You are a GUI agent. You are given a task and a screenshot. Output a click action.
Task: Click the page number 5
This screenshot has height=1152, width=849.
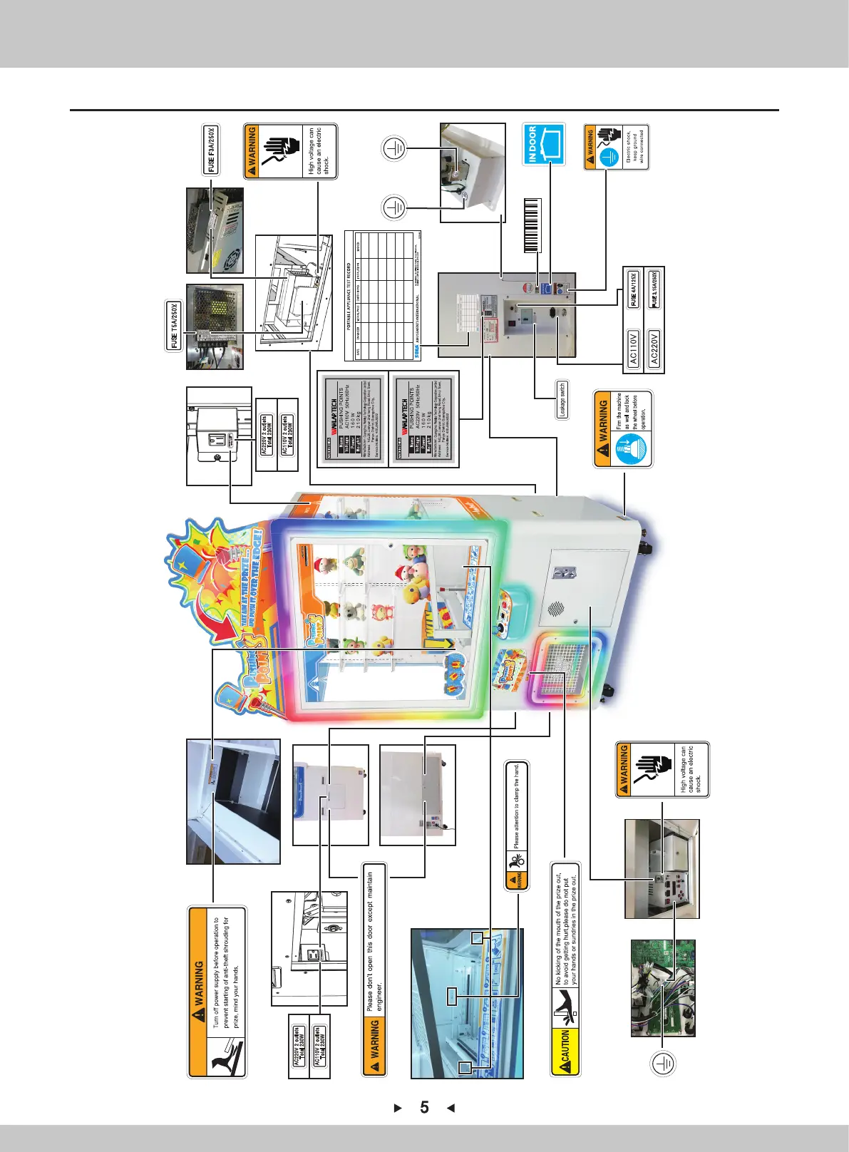pyautogui.click(x=424, y=1107)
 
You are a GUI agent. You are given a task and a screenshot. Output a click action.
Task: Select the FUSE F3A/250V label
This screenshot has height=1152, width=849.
pyautogui.click(x=211, y=150)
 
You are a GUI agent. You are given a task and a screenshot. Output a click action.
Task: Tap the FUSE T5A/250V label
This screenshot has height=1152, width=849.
pyautogui.click(x=175, y=326)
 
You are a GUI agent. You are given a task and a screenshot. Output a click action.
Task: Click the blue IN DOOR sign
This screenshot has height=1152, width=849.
pyautogui.click(x=543, y=144)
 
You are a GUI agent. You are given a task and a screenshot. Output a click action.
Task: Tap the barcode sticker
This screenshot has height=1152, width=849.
pyautogui.click(x=531, y=225)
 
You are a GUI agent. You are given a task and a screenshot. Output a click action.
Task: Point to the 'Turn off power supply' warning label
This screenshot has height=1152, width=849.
pyautogui.click(x=217, y=992)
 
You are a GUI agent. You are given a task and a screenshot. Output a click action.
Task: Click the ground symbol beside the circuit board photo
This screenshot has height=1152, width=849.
pyautogui.click(x=664, y=1064)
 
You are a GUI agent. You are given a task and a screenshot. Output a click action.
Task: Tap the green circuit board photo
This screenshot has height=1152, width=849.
pyautogui.click(x=662, y=987)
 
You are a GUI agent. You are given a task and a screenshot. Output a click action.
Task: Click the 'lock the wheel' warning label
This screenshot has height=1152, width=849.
pyautogui.click(x=622, y=428)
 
